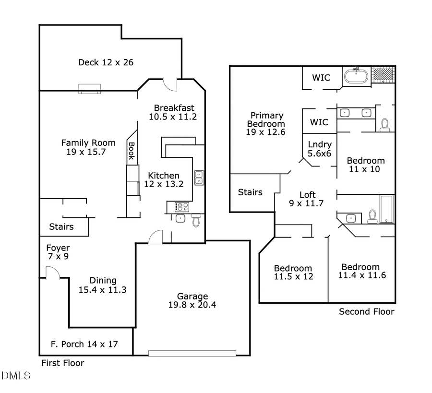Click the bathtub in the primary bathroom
click(x=356, y=77)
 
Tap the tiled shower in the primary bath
click(x=384, y=75)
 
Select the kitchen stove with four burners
click(x=182, y=207)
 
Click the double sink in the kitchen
click(x=198, y=178)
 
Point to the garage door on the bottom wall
click(x=192, y=354)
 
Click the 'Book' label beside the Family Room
click(x=131, y=150)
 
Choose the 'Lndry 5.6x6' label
click(x=320, y=149)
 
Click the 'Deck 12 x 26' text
click(x=106, y=62)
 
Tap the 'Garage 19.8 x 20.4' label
click(x=192, y=300)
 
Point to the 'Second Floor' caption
click(x=367, y=312)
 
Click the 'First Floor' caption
click(x=62, y=363)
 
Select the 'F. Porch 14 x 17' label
click(x=84, y=344)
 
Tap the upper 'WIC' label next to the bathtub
click(x=321, y=78)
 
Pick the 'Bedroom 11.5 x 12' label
click(x=293, y=272)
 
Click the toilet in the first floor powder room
click(x=195, y=220)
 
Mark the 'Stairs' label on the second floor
click(x=251, y=192)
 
